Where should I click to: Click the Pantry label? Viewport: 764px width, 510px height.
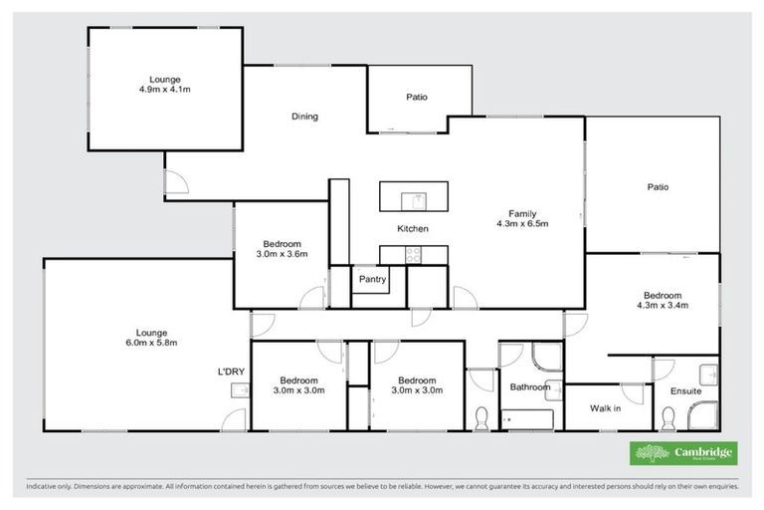click(372, 280)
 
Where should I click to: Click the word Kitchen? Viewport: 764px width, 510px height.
click(413, 229)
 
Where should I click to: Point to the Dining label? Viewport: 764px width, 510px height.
click(304, 117)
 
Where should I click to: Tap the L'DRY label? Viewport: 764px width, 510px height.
click(232, 372)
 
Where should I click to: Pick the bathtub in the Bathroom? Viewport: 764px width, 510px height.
click(528, 418)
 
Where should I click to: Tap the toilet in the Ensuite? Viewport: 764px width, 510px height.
click(709, 375)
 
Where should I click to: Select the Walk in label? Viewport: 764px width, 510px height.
click(605, 407)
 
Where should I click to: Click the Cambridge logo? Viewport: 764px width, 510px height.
click(685, 453)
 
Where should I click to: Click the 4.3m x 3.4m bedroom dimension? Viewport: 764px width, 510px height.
click(662, 306)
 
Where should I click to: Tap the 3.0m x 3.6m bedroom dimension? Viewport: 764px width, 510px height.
click(283, 254)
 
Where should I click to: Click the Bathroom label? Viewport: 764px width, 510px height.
click(529, 386)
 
